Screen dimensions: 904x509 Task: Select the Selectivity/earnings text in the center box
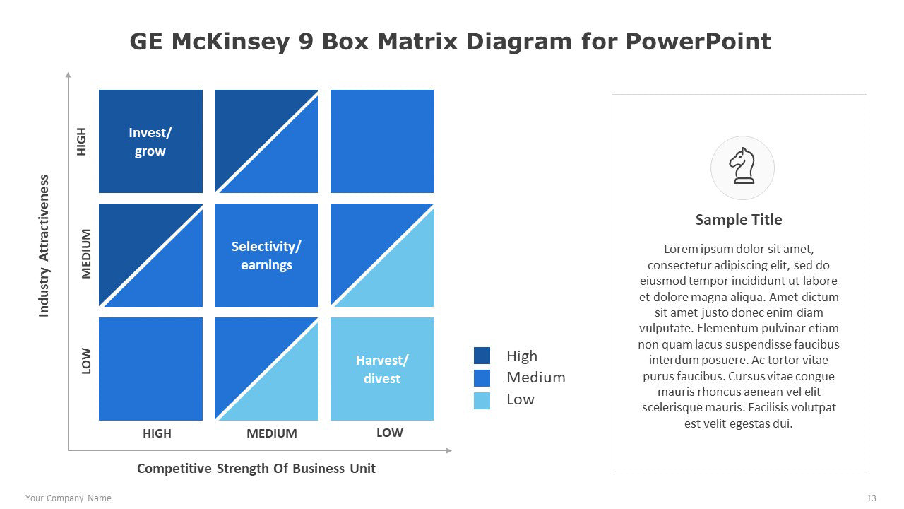click(x=266, y=255)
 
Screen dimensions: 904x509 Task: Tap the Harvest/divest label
click(x=382, y=369)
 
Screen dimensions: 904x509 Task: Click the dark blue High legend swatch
click(x=482, y=356)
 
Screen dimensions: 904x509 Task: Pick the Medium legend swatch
click(x=482, y=378)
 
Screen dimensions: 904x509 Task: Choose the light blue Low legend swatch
click(x=482, y=401)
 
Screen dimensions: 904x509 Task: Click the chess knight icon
click(x=742, y=166)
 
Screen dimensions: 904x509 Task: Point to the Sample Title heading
click(x=739, y=220)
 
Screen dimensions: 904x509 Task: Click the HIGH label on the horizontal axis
click(x=157, y=433)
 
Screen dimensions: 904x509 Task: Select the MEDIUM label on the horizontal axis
click(x=272, y=433)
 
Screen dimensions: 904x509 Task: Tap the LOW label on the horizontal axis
click(x=389, y=433)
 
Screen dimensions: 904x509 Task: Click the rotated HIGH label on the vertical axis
click(x=81, y=141)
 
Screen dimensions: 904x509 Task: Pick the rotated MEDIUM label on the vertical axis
click(x=86, y=254)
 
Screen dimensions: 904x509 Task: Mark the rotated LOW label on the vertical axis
click(x=86, y=361)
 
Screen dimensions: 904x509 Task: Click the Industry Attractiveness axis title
click(x=44, y=245)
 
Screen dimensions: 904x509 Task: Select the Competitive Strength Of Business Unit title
click(x=256, y=469)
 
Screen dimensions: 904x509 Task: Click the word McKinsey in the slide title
click(x=230, y=42)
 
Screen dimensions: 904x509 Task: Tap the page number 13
click(x=872, y=498)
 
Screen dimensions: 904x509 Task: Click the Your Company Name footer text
click(x=69, y=498)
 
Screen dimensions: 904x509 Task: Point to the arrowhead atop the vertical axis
click(x=69, y=75)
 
